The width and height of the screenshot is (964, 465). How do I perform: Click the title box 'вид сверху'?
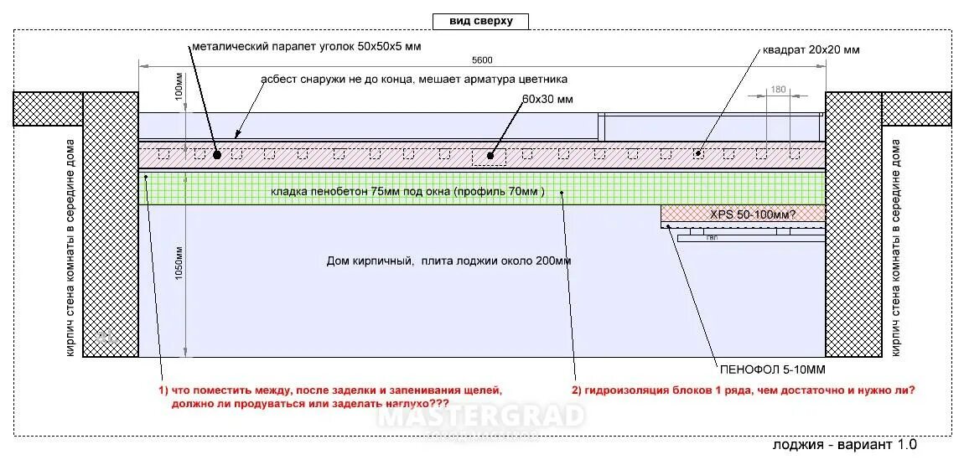[480, 21]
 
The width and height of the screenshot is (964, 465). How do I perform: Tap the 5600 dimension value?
[481, 59]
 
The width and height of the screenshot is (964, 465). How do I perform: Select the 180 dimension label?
[777, 89]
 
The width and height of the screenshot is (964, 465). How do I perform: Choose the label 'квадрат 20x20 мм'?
[811, 49]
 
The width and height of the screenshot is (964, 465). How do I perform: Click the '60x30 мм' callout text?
[547, 99]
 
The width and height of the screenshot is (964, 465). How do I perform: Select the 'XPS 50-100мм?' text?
[753, 214]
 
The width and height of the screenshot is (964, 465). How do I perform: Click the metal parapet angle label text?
[306, 46]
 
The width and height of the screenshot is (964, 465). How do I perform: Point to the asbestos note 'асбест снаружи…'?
[414, 80]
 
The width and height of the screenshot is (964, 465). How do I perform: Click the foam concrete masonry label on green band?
[407, 192]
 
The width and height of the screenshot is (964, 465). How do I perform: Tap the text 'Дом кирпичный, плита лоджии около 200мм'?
[448, 261]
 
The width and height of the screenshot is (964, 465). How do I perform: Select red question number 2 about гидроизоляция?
[743, 390]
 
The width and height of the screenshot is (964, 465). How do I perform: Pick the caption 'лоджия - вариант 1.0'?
[844, 444]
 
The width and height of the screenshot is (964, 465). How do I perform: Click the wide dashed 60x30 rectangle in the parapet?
[488, 156]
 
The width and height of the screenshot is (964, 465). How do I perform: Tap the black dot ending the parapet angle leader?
[216, 155]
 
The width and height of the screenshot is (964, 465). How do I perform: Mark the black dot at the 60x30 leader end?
[495, 155]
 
